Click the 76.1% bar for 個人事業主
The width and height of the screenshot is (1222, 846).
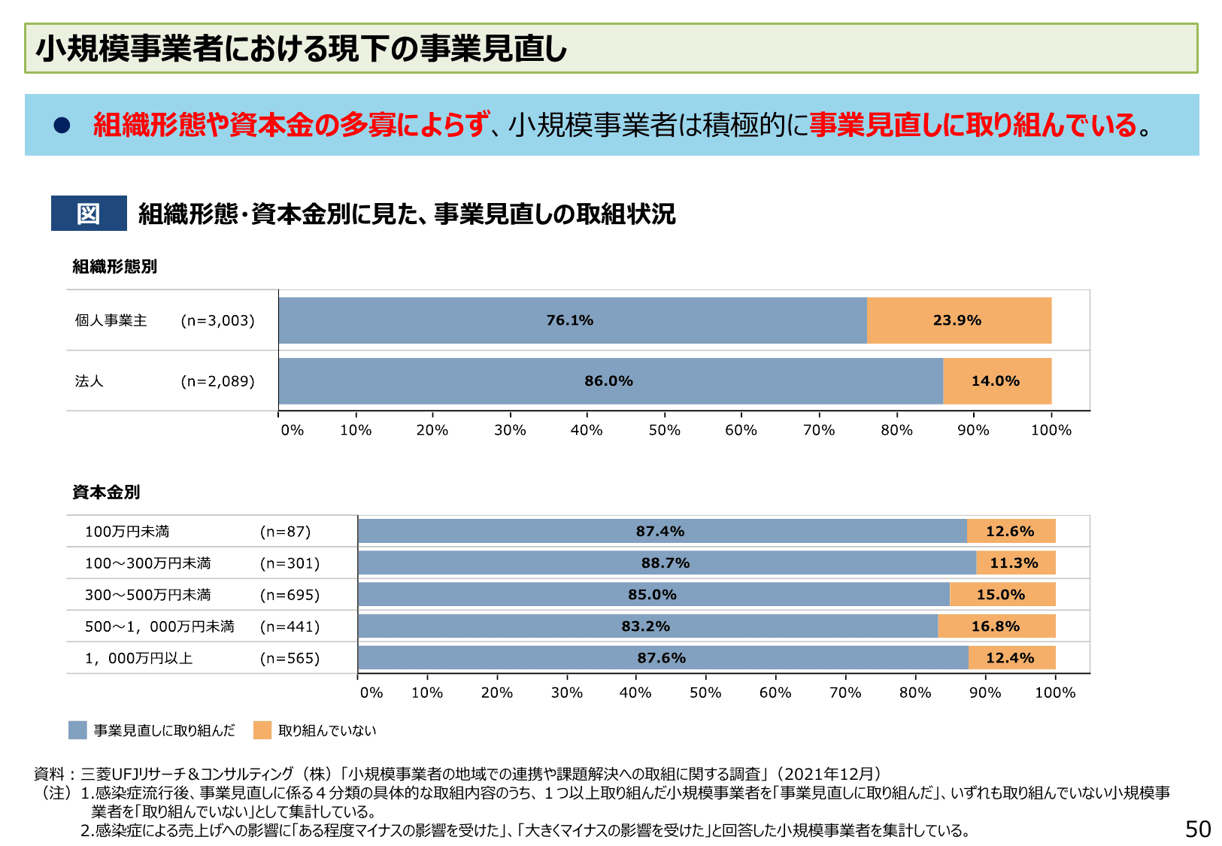(x=572, y=320)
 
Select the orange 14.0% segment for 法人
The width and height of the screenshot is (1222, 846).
(x=996, y=381)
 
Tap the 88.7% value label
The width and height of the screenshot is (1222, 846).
(x=665, y=563)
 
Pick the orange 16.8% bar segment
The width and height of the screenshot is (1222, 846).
(x=996, y=626)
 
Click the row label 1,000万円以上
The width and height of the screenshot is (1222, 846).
(x=139, y=659)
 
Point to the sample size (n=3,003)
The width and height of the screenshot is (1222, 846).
(x=217, y=320)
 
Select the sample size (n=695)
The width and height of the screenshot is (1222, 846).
(x=290, y=595)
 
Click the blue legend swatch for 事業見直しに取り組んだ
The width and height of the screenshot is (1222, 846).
(x=77, y=730)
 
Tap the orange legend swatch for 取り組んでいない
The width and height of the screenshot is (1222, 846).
(x=262, y=730)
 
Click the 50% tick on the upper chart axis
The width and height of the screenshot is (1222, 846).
(x=664, y=430)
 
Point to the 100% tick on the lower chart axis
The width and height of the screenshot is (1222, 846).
(x=1055, y=693)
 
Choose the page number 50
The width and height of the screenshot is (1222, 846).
(x=1197, y=829)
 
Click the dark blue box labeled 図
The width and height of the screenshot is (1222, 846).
(x=89, y=214)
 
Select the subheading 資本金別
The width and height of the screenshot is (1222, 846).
(x=106, y=493)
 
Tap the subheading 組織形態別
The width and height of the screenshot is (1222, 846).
(x=114, y=267)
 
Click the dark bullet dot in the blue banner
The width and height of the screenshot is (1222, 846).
(x=62, y=126)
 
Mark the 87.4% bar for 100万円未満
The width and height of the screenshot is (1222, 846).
(x=661, y=532)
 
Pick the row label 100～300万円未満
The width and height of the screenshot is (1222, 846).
(x=148, y=563)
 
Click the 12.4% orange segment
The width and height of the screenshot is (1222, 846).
(x=1010, y=658)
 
